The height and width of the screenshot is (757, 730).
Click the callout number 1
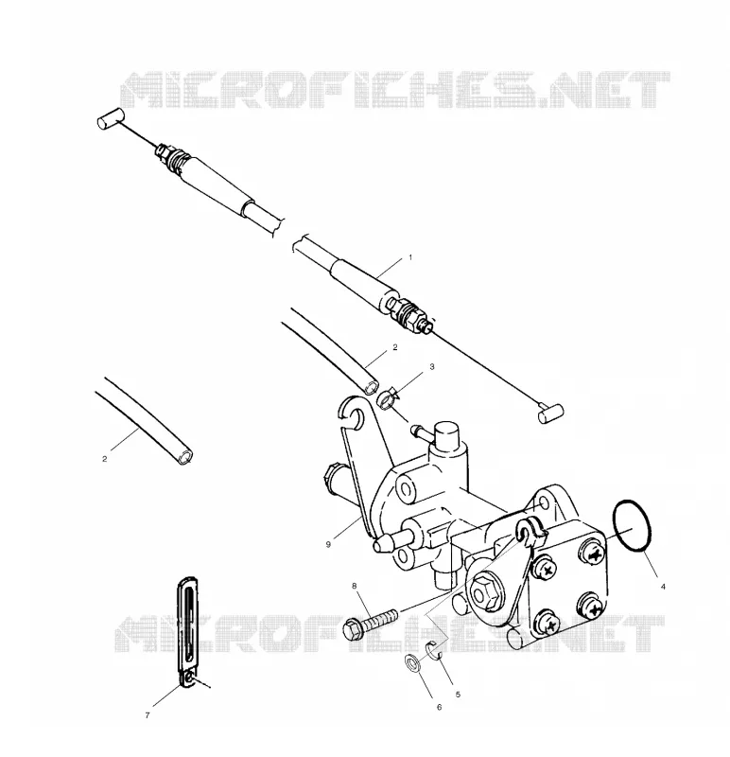[410, 257]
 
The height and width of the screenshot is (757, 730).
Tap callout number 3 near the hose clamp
[432, 367]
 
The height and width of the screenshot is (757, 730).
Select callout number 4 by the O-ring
[663, 587]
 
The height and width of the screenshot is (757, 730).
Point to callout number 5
[458, 695]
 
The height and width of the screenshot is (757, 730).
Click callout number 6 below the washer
[439, 707]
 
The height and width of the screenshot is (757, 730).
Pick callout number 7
[148, 715]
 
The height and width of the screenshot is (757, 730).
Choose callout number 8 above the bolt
[355, 586]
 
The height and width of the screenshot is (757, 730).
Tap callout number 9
[328, 545]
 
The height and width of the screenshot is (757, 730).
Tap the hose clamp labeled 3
[387, 398]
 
